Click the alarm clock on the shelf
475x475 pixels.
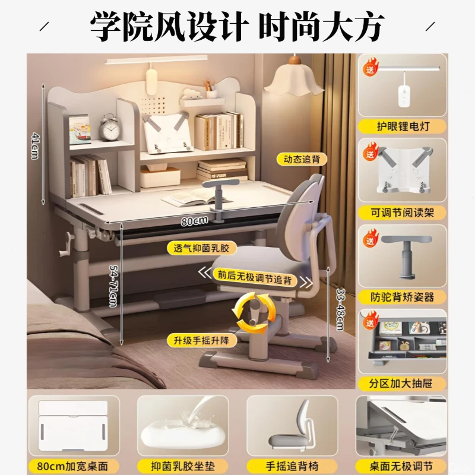pos(110,128)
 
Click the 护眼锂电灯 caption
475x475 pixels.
pos(402,126)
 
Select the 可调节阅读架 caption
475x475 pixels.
pos(402,212)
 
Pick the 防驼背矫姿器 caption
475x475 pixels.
pos(402,297)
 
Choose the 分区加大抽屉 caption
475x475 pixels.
pos(402,383)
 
